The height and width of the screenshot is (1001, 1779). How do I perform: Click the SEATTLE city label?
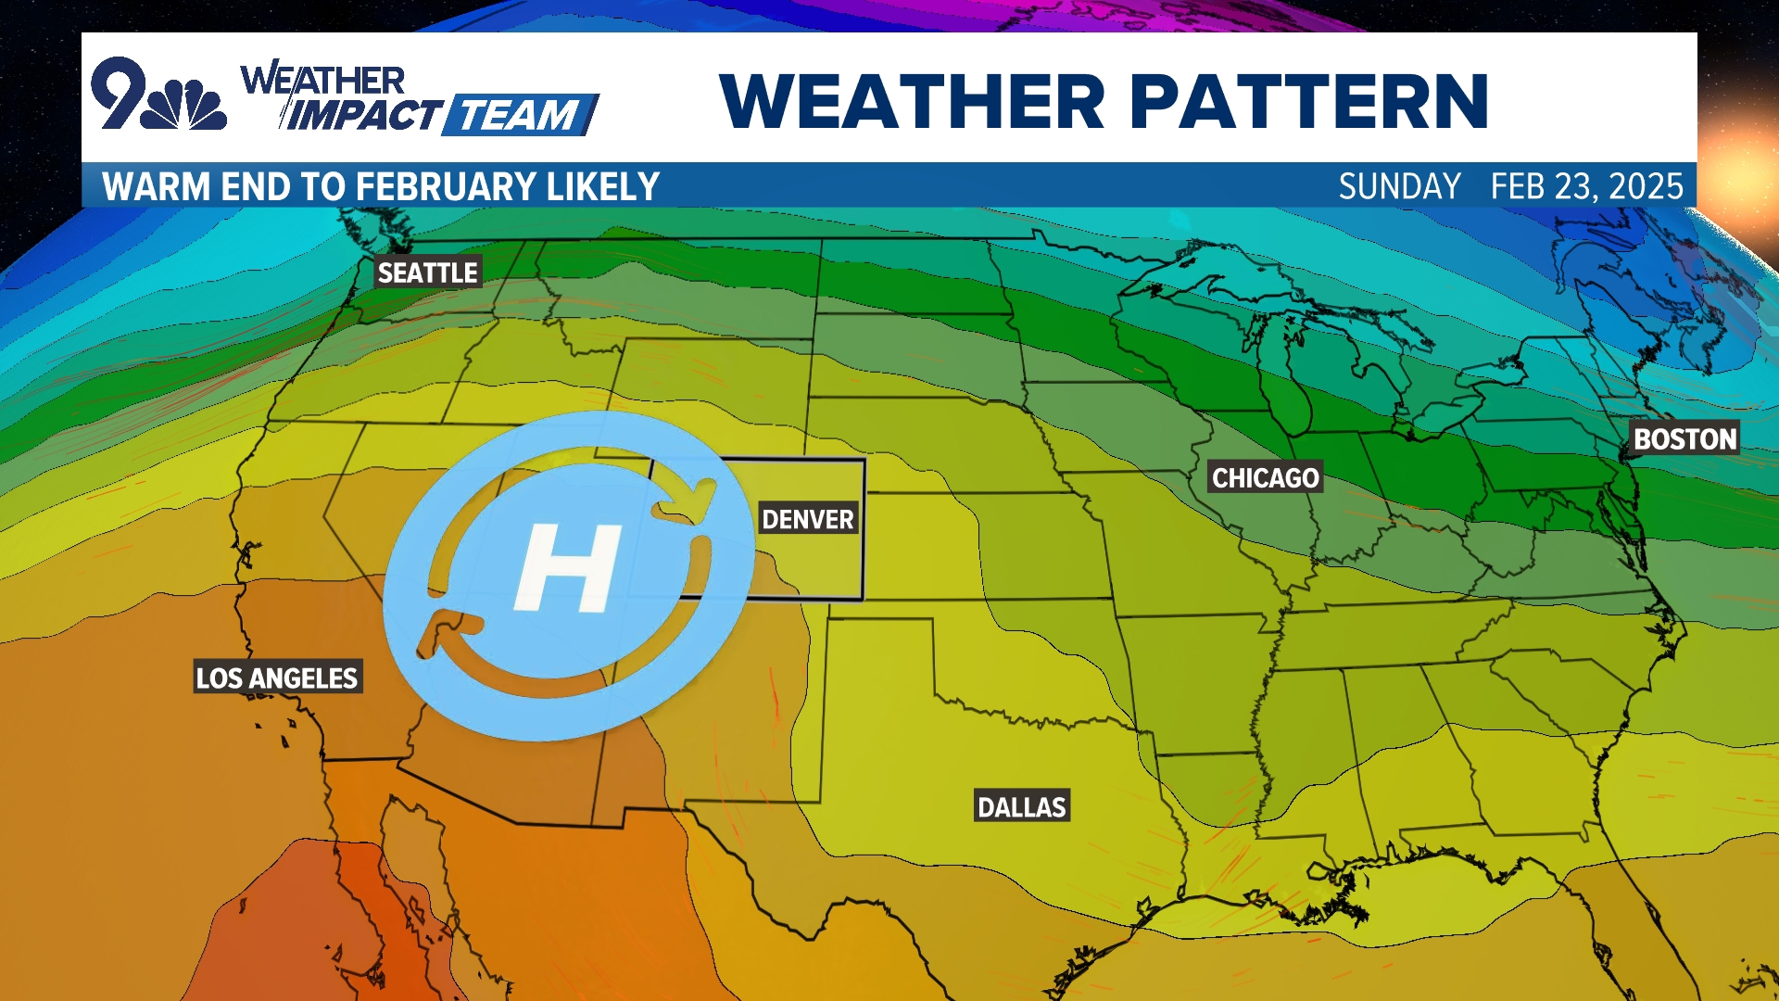click(x=427, y=272)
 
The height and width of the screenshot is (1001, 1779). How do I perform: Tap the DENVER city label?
click(x=807, y=519)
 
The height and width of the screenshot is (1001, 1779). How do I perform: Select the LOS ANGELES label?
click(x=276, y=678)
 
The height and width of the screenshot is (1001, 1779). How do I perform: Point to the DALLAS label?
click(x=1021, y=806)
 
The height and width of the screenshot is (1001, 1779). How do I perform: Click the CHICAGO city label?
click(x=1265, y=477)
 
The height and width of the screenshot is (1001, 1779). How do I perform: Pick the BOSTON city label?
click(x=1684, y=438)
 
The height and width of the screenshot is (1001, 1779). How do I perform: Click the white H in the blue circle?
click(x=567, y=567)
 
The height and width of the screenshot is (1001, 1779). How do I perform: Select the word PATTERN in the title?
click(x=1308, y=101)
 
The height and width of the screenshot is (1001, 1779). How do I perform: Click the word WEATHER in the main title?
click(x=912, y=101)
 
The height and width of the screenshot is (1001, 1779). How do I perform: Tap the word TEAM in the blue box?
click(x=519, y=116)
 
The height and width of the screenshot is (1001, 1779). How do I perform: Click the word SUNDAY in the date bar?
click(x=1399, y=186)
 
